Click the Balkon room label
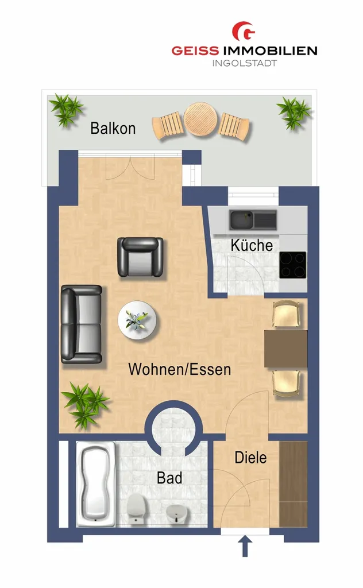(113, 128)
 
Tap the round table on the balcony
(200, 119)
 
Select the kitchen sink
(253, 220)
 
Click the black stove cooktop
(292, 265)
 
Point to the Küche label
(252, 245)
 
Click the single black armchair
(140, 257)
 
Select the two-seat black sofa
(82, 324)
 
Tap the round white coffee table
(137, 320)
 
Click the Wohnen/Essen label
(180, 369)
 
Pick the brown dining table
(286, 349)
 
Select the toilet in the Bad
(136, 508)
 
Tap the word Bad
(169, 478)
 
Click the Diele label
(250, 458)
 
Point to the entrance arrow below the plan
(245, 547)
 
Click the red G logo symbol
(244, 32)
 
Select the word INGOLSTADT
(245, 63)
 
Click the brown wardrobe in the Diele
(294, 484)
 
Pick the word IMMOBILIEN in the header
(271, 51)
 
